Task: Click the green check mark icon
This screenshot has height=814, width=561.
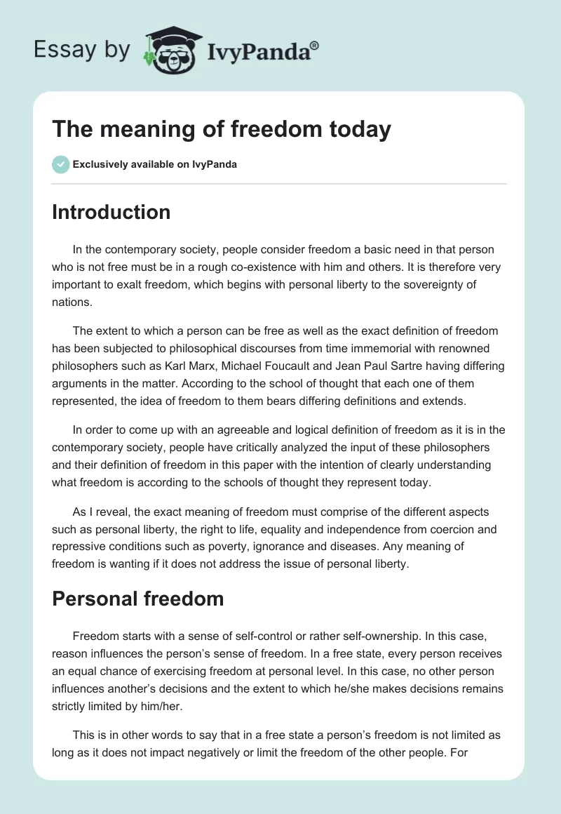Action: (x=60, y=164)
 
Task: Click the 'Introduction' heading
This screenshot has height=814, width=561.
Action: (x=111, y=212)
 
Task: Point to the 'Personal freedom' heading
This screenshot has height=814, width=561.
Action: (x=137, y=599)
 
